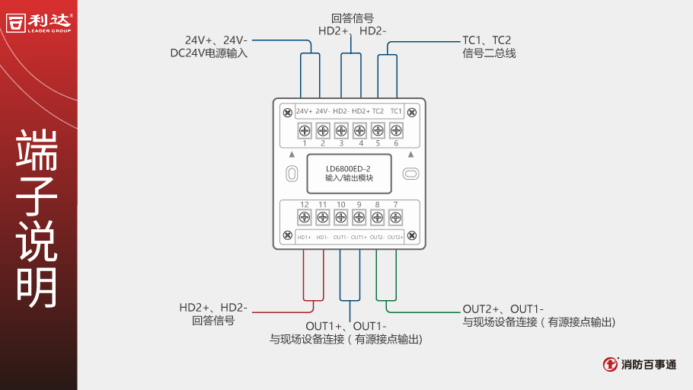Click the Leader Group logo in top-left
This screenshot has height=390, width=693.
[x=39, y=22]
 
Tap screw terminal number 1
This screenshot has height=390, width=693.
[x=305, y=130]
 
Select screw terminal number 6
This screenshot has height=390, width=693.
[x=395, y=130]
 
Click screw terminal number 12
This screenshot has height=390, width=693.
[x=305, y=218]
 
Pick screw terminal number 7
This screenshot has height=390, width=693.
[x=395, y=218]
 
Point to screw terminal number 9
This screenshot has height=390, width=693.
[x=359, y=218]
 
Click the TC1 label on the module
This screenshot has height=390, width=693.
[x=395, y=111]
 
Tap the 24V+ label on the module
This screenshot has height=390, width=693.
[x=305, y=111]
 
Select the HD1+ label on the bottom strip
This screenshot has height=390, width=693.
[x=305, y=237]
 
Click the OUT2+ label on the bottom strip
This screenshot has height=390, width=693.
[x=395, y=237]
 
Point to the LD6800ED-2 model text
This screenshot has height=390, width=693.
[x=348, y=168]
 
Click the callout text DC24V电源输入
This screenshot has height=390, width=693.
[x=209, y=53]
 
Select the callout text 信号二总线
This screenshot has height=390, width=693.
[x=489, y=53]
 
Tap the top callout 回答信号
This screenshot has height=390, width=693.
[x=353, y=18]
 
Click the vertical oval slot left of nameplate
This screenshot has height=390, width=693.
[x=291, y=174]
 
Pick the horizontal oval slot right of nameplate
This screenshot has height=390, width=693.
[x=410, y=174]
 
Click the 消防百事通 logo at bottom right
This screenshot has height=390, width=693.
[x=639, y=364]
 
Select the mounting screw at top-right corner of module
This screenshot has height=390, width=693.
[x=412, y=113]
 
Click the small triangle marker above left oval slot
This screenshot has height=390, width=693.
[x=291, y=154]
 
